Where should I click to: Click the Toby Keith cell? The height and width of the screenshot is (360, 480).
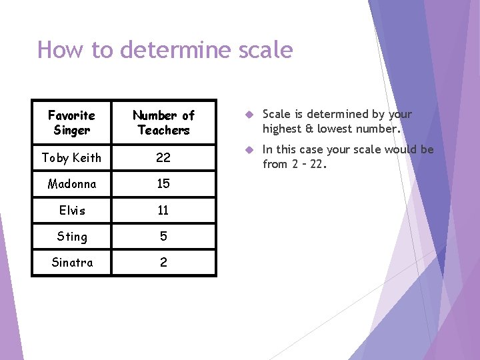[x=72, y=158]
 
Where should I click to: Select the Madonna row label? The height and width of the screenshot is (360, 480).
[x=72, y=184]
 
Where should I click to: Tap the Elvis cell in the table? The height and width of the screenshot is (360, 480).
[x=72, y=210]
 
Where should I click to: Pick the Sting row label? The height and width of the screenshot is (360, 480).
[x=72, y=237]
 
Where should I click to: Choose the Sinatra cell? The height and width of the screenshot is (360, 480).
[x=72, y=263]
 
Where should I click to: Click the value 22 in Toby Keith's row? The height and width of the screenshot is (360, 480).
[x=163, y=158]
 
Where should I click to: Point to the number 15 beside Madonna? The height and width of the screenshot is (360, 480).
[x=163, y=184]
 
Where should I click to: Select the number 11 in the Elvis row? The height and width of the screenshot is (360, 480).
[x=163, y=210]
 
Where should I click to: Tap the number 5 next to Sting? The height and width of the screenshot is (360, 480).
[x=163, y=237]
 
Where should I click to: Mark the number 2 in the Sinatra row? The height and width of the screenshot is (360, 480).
[x=163, y=263]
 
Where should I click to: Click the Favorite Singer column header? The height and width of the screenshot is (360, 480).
[x=72, y=123]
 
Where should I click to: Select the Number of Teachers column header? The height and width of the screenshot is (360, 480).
[x=163, y=123]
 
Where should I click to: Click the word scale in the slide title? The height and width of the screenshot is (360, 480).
[x=265, y=50]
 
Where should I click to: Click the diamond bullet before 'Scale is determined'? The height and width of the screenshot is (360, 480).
[x=247, y=115]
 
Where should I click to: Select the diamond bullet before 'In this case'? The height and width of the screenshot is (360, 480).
[x=247, y=150]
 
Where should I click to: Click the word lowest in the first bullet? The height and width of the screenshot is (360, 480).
[x=333, y=129]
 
